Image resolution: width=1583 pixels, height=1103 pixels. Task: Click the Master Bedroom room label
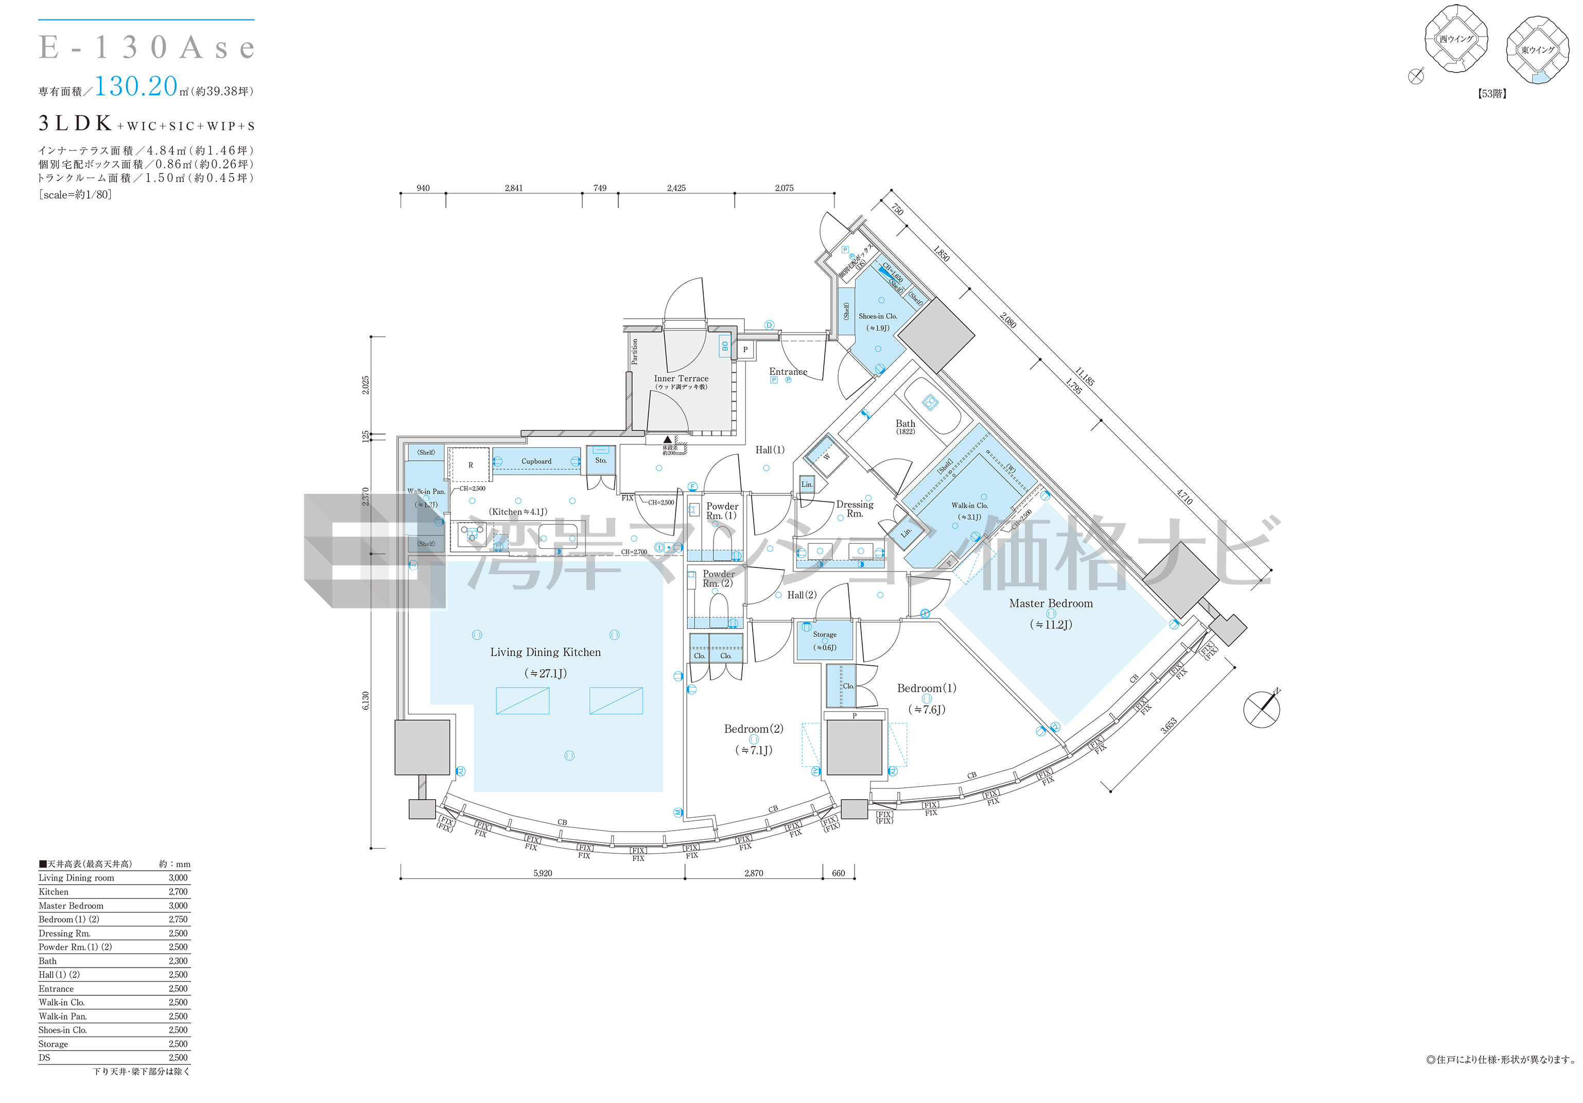click(1051, 604)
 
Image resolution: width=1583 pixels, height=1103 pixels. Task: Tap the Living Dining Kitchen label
click(545, 652)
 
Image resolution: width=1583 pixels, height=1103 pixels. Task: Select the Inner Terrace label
click(681, 378)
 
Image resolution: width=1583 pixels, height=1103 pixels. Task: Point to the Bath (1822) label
click(905, 426)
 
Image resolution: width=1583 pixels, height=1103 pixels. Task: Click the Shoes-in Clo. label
click(878, 317)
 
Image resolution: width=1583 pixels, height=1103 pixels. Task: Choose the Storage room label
click(825, 634)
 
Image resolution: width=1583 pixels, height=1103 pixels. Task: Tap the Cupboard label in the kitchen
click(536, 461)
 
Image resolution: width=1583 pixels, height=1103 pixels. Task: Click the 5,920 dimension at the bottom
click(543, 873)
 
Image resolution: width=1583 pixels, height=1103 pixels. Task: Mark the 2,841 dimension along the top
click(514, 187)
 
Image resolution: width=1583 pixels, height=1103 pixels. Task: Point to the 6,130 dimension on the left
click(366, 701)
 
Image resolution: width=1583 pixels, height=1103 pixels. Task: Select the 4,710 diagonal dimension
click(1184, 497)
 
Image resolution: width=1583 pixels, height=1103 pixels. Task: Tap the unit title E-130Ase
click(147, 47)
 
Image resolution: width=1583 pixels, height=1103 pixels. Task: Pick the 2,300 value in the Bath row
click(178, 961)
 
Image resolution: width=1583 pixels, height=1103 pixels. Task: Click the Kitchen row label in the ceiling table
click(54, 892)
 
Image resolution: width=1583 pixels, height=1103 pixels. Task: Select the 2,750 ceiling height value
click(178, 920)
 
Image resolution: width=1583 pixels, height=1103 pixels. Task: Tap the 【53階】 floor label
click(1491, 94)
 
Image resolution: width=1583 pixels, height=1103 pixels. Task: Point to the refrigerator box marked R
click(471, 466)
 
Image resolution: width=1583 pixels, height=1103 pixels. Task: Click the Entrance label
click(788, 372)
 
